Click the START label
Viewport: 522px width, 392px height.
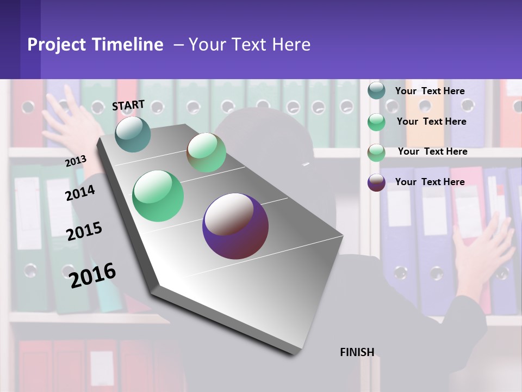[128, 105]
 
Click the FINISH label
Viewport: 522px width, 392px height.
[357, 352]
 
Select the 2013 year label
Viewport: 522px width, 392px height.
[76, 161]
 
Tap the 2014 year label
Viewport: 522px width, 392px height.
[80, 193]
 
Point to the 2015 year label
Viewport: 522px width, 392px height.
[84, 231]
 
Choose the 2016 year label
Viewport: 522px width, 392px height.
[92, 275]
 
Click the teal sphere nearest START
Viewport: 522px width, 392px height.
[133, 134]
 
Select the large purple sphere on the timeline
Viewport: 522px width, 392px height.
[235, 226]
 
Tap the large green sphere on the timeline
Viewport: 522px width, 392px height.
[158, 196]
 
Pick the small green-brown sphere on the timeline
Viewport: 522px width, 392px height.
[206, 152]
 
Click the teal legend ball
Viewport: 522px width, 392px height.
[376, 90]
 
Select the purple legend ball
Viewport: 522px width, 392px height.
[376, 182]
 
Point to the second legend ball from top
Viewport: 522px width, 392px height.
[376, 121]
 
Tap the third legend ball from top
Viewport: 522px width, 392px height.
[376, 152]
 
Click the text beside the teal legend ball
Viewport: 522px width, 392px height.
[430, 91]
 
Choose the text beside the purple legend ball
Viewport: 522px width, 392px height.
[430, 182]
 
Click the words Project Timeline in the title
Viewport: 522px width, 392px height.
[95, 45]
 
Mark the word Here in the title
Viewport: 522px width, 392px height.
[291, 45]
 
